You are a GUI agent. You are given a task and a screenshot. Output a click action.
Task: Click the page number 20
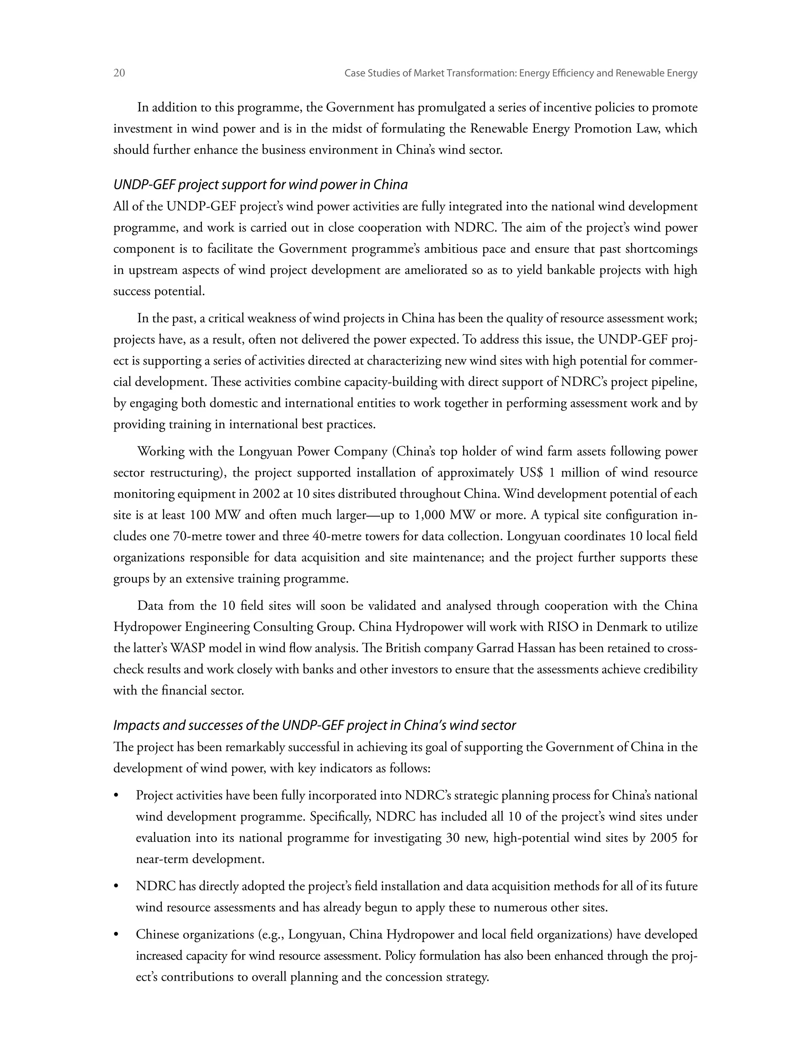[x=119, y=73]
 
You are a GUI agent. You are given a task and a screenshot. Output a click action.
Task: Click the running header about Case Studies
[x=521, y=74]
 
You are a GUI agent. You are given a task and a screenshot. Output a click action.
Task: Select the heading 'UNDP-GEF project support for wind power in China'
[x=261, y=185]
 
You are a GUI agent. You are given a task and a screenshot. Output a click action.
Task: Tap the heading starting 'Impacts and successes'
[x=314, y=725]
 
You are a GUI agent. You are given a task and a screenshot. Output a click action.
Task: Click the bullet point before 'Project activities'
[x=116, y=796]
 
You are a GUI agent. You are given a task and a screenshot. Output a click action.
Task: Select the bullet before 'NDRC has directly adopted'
[x=116, y=887]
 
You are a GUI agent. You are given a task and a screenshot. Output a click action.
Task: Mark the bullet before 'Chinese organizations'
[x=116, y=935]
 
